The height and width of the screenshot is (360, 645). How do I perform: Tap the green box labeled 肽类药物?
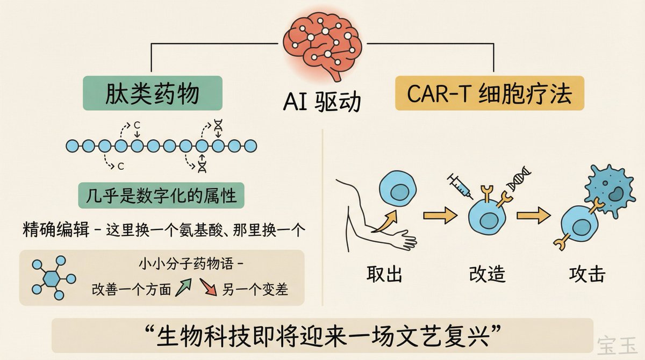tap(152, 93)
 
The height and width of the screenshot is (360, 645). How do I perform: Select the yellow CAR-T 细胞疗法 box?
tap(489, 93)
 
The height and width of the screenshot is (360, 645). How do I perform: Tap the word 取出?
tap(384, 275)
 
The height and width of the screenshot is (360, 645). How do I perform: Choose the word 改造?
tap(487, 275)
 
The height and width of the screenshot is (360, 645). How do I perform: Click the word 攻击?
tap(587, 275)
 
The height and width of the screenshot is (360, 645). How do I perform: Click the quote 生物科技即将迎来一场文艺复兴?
tap(323, 336)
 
